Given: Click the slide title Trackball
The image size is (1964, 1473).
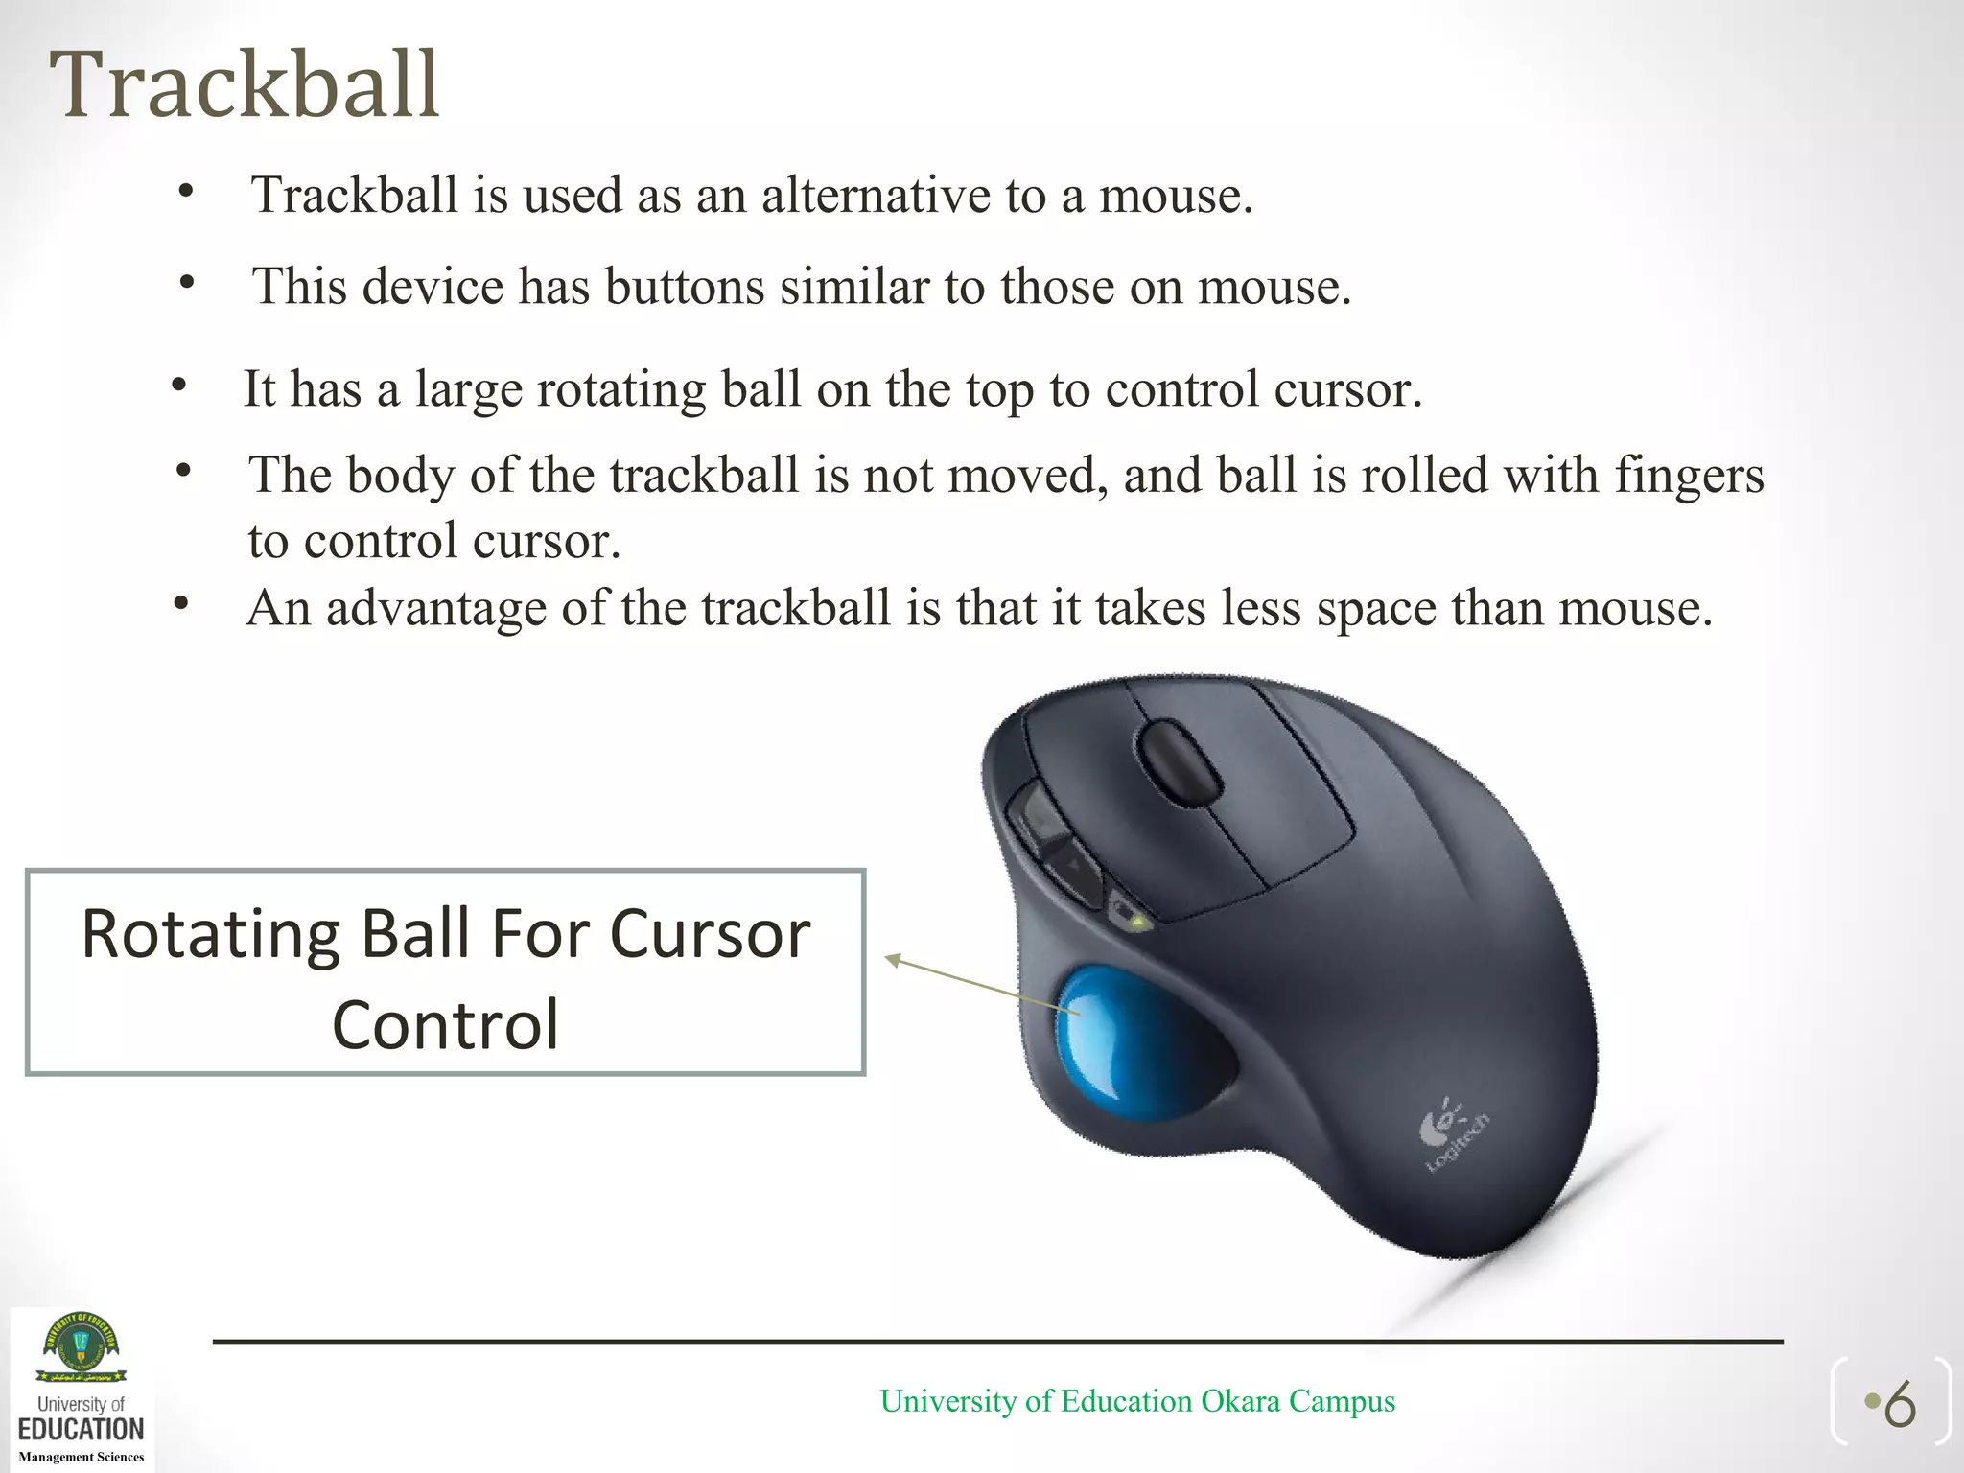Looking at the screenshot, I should pyautogui.click(x=245, y=86).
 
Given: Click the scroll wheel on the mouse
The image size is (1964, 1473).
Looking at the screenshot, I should pyautogui.click(x=1179, y=762).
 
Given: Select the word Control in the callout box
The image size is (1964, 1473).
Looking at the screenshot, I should pyautogui.click(x=445, y=1024).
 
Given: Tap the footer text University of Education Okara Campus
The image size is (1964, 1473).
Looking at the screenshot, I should pyautogui.click(x=1137, y=1401).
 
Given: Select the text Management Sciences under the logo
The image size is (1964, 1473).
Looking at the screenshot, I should pyautogui.click(x=82, y=1457).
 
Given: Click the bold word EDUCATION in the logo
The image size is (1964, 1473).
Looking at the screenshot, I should pyautogui.click(x=82, y=1429).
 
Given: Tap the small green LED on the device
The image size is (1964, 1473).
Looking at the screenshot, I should pyautogui.click(x=1137, y=923).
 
